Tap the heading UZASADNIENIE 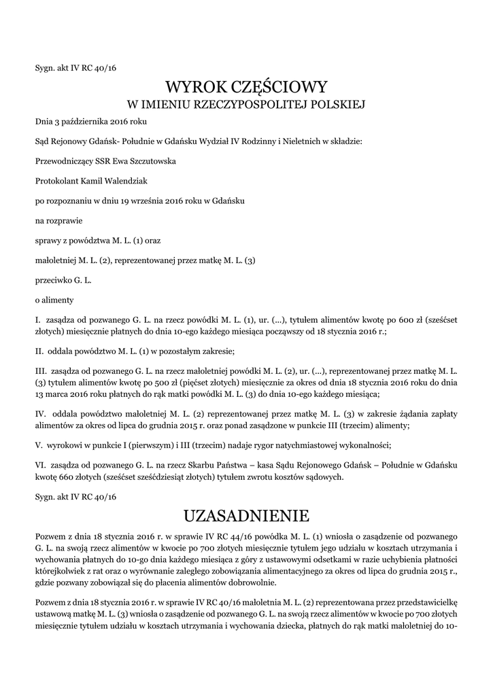coord(247,514)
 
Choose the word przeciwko coord(54,280)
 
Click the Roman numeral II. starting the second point coord(39,351)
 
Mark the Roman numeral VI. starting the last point coord(41,466)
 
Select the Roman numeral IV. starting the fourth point coord(41,413)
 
